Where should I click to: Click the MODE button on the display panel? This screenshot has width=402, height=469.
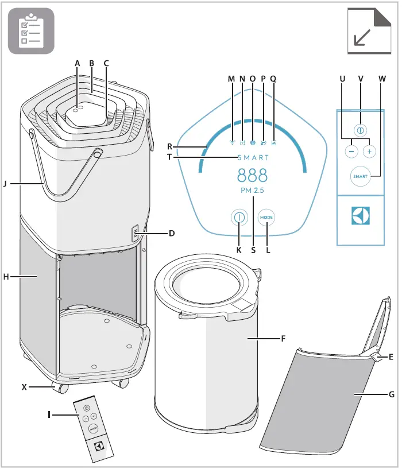[x=266, y=218]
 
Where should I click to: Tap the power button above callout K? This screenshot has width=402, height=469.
[x=238, y=218]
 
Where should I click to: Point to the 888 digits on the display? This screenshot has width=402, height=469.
[x=252, y=175]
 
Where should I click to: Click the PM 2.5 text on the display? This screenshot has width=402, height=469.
[x=253, y=190]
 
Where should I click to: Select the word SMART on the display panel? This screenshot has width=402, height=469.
[x=253, y=157]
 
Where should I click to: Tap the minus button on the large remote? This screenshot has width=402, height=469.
[x=351, y=152]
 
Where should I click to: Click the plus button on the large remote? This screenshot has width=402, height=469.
[x=369, y=152]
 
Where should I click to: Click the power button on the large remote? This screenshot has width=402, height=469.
[x=360, y=130]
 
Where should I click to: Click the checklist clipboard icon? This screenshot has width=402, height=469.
[x=31, y=31]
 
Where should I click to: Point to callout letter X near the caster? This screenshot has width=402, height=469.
[x=24, y=387]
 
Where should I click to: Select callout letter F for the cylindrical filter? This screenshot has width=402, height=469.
[x=283, y=339]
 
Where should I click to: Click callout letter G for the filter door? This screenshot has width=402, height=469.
[x=391, y=395]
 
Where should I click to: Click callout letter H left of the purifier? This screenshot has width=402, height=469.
[x=5, y=277]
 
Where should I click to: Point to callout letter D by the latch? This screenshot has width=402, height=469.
[x=172, y=234]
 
